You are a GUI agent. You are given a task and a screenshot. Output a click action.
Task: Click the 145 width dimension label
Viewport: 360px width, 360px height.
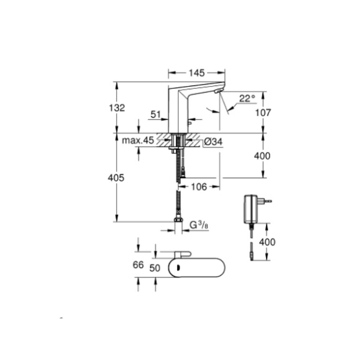click(197, 73)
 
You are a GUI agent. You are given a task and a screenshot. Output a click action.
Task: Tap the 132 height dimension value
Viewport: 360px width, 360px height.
click(117, 108)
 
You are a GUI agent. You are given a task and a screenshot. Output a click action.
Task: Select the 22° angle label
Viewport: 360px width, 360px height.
click(247, 98)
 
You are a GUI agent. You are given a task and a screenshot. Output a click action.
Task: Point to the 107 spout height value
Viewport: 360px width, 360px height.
click(263, 112)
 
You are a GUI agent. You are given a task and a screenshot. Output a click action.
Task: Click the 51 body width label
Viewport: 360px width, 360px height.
click(156, 114)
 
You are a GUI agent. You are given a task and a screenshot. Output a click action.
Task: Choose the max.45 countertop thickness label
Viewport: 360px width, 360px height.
click(138, 140)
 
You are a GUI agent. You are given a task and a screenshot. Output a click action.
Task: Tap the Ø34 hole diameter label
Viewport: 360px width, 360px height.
click(213, 142)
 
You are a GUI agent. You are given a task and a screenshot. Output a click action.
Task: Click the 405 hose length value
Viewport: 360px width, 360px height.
click(116, 178)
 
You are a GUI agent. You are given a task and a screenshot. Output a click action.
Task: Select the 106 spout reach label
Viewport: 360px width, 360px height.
click(199, 187)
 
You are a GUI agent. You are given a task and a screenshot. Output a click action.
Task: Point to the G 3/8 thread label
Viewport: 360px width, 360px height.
click(199, 225)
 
